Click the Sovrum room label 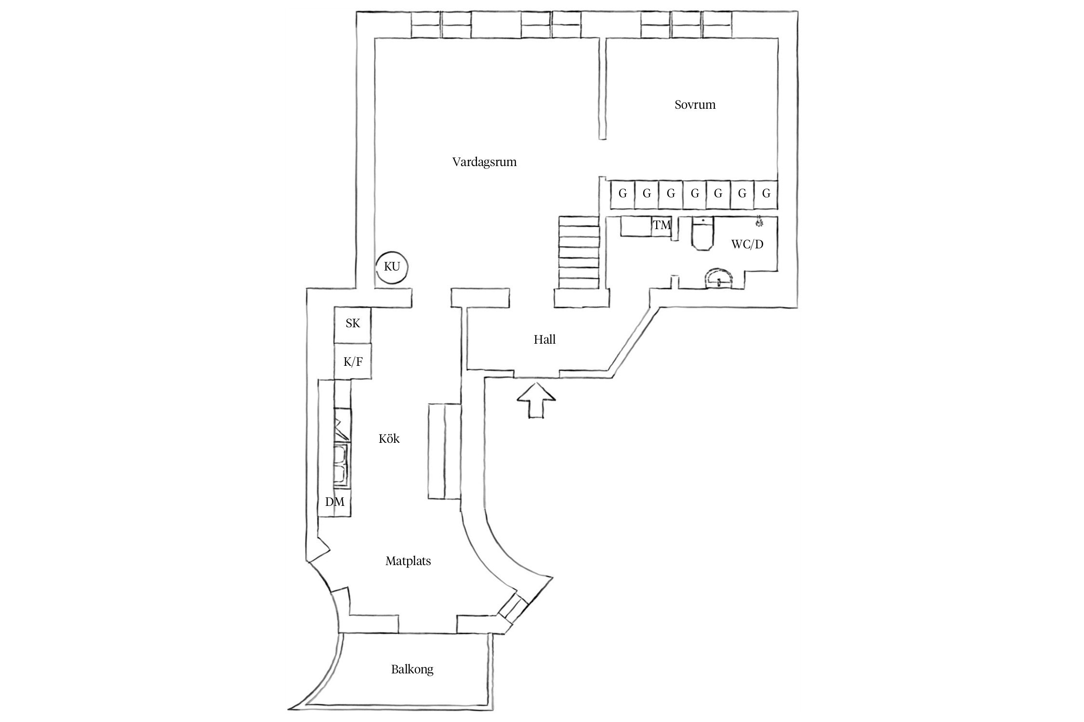(695, 104)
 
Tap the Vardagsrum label (484, 162)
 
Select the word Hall (544, 339)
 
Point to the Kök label (389, 438)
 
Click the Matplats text (408, 561)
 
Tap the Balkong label (412, 669)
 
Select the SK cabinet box (353, 325)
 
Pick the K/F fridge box (353, 361)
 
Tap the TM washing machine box (662, 226)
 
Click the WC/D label (747, 244)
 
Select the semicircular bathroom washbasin (718, 279)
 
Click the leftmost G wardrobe (622, 195)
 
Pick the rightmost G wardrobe (766, 195)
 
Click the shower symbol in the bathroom (759, 222)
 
